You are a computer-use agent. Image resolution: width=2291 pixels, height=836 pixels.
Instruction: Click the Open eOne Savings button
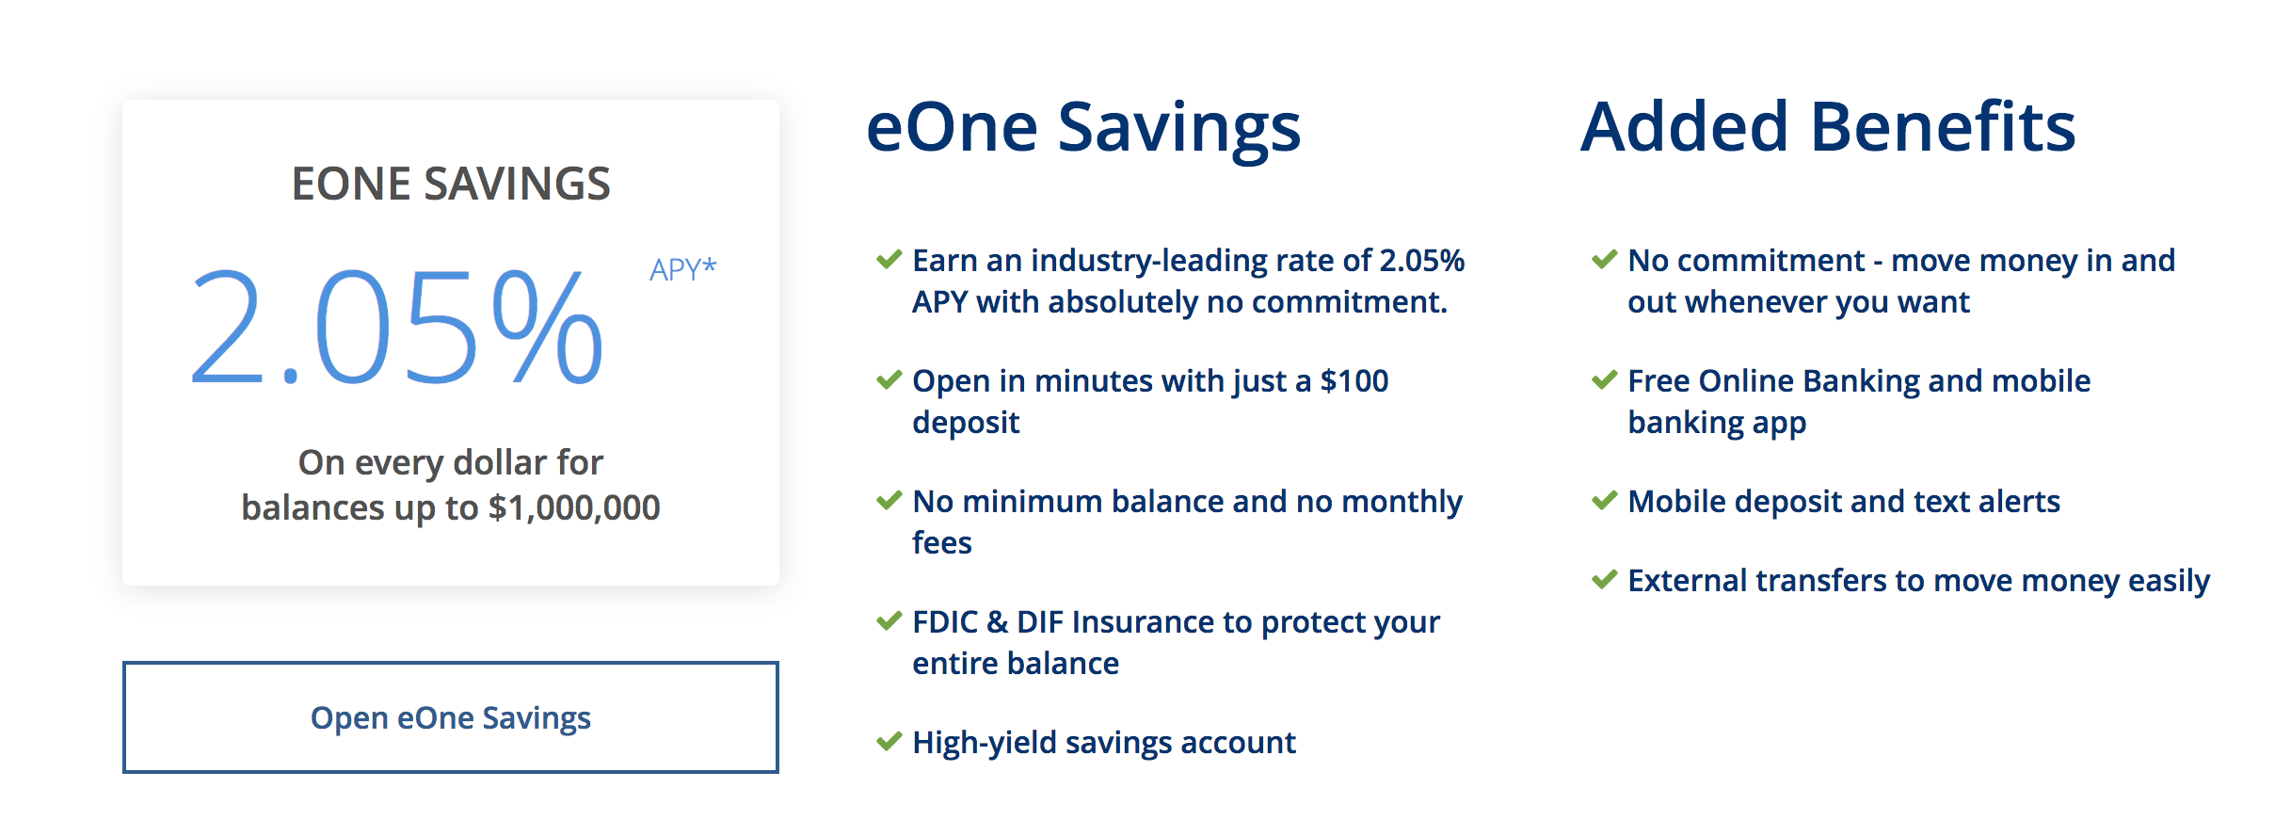(x=450, y=717)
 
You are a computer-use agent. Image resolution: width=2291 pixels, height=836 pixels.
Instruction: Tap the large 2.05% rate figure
(x=396, y=327)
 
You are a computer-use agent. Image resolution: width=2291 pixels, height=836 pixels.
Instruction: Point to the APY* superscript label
(x=682, y=269)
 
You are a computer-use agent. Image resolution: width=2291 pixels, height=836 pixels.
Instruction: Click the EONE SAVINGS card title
(x=451, y=184)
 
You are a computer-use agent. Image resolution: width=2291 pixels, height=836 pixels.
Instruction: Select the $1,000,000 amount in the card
(x=574, y=507)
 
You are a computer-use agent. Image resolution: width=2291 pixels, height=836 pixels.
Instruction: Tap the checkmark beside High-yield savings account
(x=889, y=742)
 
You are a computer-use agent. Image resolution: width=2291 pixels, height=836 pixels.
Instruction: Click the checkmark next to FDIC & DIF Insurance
(x=889, y=621)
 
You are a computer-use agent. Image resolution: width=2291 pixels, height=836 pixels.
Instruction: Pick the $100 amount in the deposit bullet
(x=1354, y=380)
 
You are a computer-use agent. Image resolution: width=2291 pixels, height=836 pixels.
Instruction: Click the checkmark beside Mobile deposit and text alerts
(x=1605, y=501)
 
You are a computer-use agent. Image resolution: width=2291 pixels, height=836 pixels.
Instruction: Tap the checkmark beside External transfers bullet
(x=1605, y=580)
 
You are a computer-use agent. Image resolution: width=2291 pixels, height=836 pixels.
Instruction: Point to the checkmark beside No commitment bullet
(x=1605, y=260)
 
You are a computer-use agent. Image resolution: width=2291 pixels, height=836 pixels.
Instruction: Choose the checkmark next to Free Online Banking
(x=1605, y=380)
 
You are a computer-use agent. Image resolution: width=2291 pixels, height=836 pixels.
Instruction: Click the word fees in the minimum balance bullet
(x=942, y=543)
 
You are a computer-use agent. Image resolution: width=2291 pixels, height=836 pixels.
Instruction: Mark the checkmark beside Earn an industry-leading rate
(x=889, y=260)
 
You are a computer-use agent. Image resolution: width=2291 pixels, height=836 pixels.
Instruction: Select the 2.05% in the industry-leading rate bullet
(x=1421, y=261)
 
